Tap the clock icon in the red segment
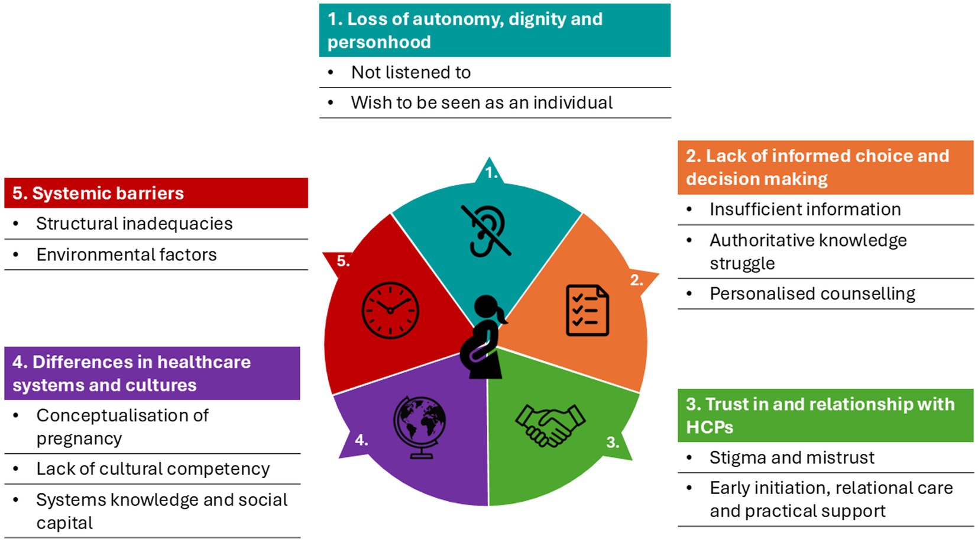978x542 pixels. (390, 310)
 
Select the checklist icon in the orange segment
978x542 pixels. (587, 310)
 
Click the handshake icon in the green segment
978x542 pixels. (550, 424)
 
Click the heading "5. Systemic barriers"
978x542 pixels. (98, 193)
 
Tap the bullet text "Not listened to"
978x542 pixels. (411, 72)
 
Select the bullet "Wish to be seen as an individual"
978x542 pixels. (481, 102)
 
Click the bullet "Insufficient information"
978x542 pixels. (805, 209)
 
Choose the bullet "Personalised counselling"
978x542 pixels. (812, 293)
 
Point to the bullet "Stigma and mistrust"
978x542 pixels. (792, 457)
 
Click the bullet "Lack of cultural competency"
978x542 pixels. (153, 469)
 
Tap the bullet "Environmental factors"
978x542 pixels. (127, 254)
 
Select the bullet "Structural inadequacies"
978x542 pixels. (134, 224)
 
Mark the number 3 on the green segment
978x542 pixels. (613, 442)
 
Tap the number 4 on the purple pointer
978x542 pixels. (361, 440)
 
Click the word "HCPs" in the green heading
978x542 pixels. (709, 427)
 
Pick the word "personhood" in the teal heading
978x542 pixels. (379, 42)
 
